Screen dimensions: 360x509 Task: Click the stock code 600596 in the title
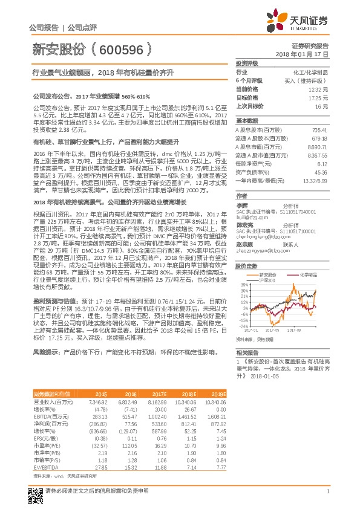pos(120,50)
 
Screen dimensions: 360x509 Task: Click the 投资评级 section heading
pos(247,63)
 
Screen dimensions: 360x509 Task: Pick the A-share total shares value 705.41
pos(319,131)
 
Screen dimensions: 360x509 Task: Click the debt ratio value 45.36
pos(321,172)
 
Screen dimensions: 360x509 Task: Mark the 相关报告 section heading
pos(247,352)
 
